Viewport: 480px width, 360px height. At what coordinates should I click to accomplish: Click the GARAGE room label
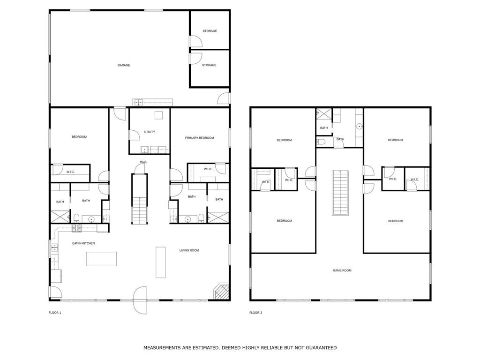124,65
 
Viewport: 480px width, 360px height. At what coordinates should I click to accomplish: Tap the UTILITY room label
150,132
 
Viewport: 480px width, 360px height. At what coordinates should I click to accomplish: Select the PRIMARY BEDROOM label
199,138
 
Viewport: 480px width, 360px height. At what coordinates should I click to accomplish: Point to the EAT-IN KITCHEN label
83,243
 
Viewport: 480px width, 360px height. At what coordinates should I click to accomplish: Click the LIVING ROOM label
189,250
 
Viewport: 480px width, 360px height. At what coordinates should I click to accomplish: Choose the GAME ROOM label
342,270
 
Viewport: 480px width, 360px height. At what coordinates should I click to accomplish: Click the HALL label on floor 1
143,162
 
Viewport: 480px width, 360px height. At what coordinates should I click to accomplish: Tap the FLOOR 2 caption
255,313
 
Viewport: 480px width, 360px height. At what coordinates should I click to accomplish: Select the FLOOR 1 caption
55,313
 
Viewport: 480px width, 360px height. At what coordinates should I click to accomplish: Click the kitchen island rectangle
101,259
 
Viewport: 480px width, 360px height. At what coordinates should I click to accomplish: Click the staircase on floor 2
340,193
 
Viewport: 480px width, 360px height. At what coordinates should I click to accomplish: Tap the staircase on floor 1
140,199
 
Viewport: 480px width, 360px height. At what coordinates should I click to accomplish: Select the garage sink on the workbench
138,102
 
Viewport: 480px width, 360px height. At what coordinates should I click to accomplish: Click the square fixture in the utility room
158,115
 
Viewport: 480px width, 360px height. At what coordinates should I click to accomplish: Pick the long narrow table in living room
161,262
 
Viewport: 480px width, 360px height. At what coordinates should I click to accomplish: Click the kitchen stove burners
76,227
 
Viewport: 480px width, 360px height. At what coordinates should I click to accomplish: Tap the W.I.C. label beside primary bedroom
208,169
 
